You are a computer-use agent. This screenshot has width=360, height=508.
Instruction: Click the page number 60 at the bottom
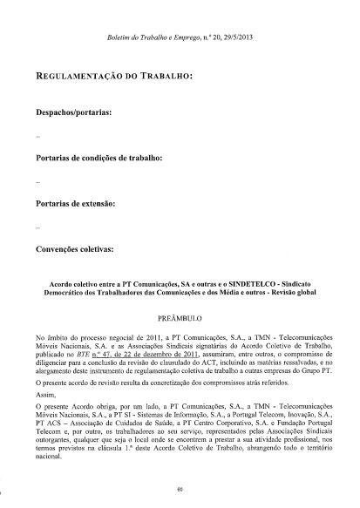pyautogui.click(x=179, y=491)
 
